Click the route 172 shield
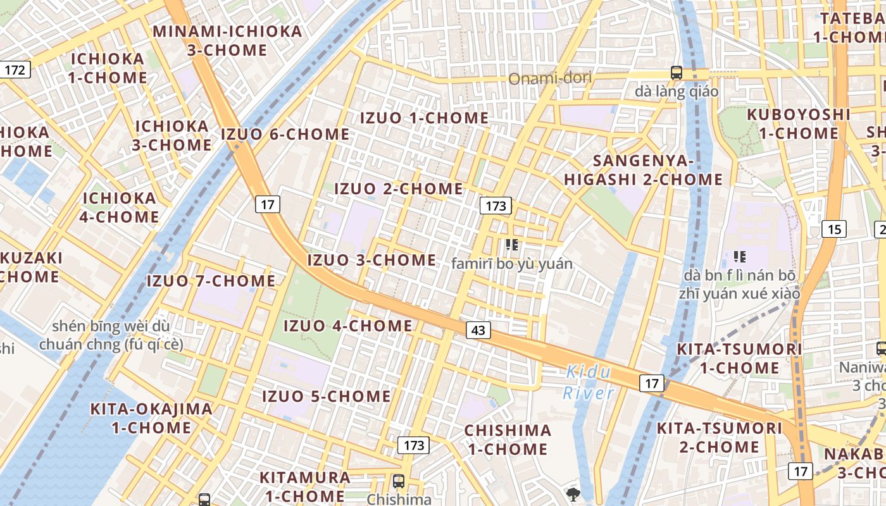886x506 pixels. [x=15, y=70]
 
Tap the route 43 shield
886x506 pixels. [x=478, y=330]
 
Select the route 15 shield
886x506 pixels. [x=834, y=229]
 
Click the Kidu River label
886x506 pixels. [x=589, y=382]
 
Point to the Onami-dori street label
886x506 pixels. [x=551, y=78]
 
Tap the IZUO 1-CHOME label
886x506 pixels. [x=424, y=118]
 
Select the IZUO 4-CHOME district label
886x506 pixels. [x=347, y=326]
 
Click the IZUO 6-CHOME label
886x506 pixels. [x=285, y=135]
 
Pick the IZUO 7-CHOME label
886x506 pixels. [x=211, y=281]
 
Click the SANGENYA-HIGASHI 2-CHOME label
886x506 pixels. [x=643, y=170]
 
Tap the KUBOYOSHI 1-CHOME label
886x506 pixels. [x=799, y=124]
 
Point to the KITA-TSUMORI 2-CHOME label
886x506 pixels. [x=720, y=438]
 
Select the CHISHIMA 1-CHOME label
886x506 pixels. [x=508, y=440]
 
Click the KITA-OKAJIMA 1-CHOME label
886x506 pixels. [x=152, y=418]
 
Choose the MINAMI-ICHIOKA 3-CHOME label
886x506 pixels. [x=228, y=40]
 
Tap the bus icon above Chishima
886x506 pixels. [x=399, y=481]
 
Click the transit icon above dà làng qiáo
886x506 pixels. [x=677, y=73]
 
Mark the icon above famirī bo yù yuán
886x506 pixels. [x=512, y=245]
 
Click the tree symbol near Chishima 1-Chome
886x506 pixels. [x=573, y=493]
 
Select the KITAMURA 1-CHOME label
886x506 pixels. [x=305, y=486]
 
